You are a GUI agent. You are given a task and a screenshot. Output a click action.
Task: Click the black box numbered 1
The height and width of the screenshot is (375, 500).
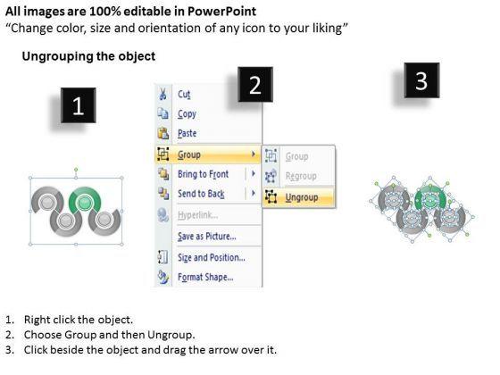coord(79,105)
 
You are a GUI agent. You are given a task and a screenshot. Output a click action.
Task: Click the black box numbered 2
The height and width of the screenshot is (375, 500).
coord(255,85)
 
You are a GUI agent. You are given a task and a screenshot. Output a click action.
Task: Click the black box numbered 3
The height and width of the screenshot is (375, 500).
coord(421,80)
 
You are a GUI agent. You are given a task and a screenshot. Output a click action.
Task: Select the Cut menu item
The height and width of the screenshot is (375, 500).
coord(184,95)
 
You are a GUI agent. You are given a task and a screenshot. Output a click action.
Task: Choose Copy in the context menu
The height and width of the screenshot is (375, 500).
coord(187,114)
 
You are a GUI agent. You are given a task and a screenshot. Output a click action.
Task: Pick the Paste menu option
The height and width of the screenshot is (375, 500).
coord(187,133)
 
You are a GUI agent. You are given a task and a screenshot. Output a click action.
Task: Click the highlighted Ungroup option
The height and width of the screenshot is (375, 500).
coord(302,197)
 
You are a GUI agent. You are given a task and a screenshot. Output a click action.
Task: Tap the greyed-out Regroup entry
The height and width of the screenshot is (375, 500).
coord(301,176)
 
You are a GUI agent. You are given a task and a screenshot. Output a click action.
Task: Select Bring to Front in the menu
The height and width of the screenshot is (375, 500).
coord(204,174)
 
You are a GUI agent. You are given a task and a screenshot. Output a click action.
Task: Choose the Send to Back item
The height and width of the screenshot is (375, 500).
coord(201,194)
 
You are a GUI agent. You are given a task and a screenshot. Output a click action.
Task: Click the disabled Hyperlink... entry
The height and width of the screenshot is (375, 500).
coord(197,215)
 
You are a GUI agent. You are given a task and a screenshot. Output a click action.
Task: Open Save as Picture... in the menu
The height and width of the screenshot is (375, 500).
coord(206,237)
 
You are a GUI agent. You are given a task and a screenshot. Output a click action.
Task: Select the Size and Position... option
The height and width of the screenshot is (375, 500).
coord(211,257)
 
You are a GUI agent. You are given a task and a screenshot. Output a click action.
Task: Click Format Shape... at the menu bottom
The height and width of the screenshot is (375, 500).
coord(205,277)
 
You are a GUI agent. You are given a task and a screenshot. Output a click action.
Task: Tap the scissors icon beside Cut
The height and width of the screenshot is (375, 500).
coord(162,95)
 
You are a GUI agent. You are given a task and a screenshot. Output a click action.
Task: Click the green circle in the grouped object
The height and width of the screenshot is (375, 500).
coord(84,202)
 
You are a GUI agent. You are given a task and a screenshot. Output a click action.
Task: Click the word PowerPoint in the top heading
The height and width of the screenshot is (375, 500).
coord(221,12)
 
